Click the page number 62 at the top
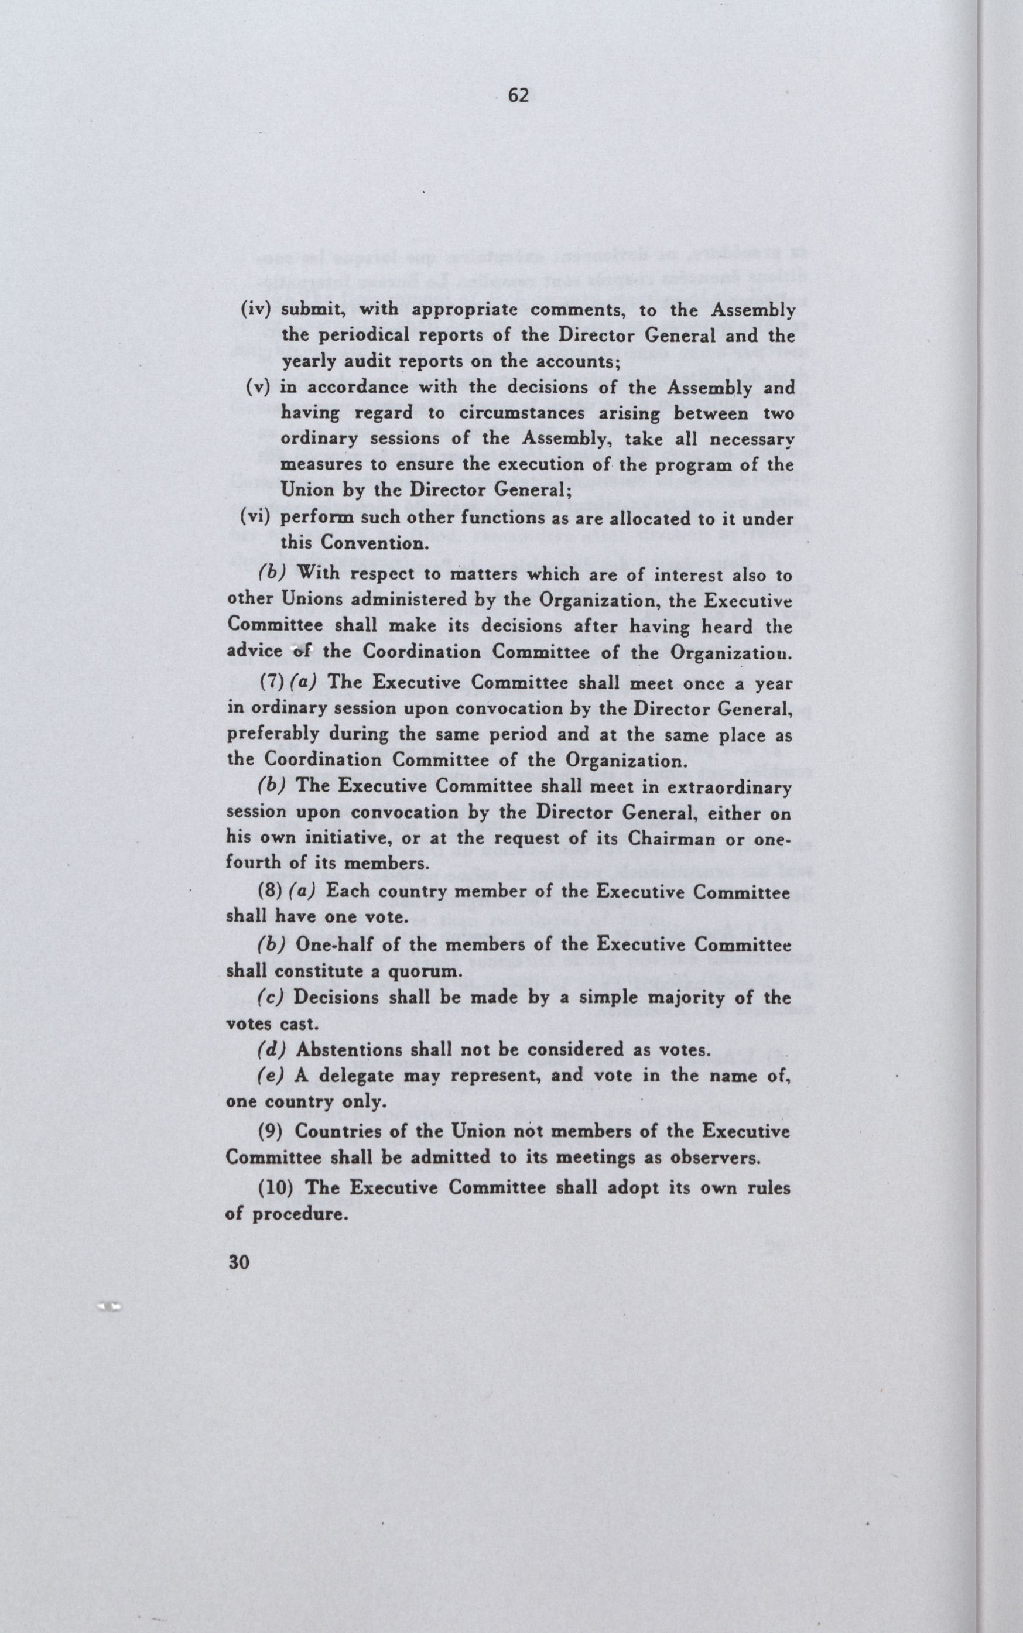point(518,97)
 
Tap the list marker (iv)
point(256,310)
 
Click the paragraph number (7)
point(271,683)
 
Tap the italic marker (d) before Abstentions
point(272,1049)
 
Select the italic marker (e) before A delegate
point(272,1076)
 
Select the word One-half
point(333,944)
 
